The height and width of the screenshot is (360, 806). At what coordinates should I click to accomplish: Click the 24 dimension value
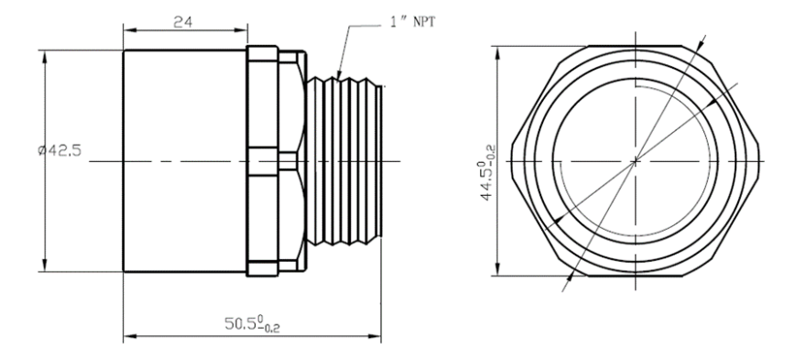[x=182, y=22]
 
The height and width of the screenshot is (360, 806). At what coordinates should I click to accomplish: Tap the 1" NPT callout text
[x=412, y=22]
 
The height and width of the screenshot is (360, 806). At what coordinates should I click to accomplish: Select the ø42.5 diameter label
[x=60, y=150]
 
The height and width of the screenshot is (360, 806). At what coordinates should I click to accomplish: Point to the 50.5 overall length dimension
[x=253, y=323]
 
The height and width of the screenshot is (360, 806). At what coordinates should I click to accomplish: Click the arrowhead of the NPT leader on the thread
[x=339, y=75]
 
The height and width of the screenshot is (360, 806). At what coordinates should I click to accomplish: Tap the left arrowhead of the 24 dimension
[x=130, y=30]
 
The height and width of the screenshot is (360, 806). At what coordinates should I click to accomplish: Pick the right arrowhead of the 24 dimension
[x=241, y=30]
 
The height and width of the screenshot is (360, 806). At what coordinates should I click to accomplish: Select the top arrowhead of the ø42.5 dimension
[x=45, y=57]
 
